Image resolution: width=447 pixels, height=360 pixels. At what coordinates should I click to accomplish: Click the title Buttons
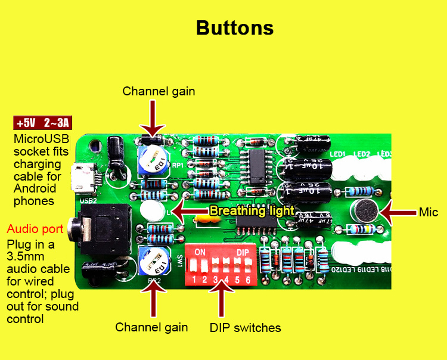pos(235,28)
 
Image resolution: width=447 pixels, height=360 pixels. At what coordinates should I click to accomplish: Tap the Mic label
pos(428,212)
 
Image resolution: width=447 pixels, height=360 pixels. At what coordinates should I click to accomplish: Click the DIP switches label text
pos(245,328)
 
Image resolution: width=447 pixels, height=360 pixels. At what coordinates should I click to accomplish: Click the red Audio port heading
pos(30,229)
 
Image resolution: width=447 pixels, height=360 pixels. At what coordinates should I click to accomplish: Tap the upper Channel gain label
pos(159,91)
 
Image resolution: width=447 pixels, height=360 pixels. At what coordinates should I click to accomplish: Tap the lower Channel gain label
pos(151,327)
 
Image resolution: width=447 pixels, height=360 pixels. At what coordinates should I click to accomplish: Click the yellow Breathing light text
pos(252,211)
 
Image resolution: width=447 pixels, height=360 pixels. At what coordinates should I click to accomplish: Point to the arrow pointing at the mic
pos(398,212)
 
